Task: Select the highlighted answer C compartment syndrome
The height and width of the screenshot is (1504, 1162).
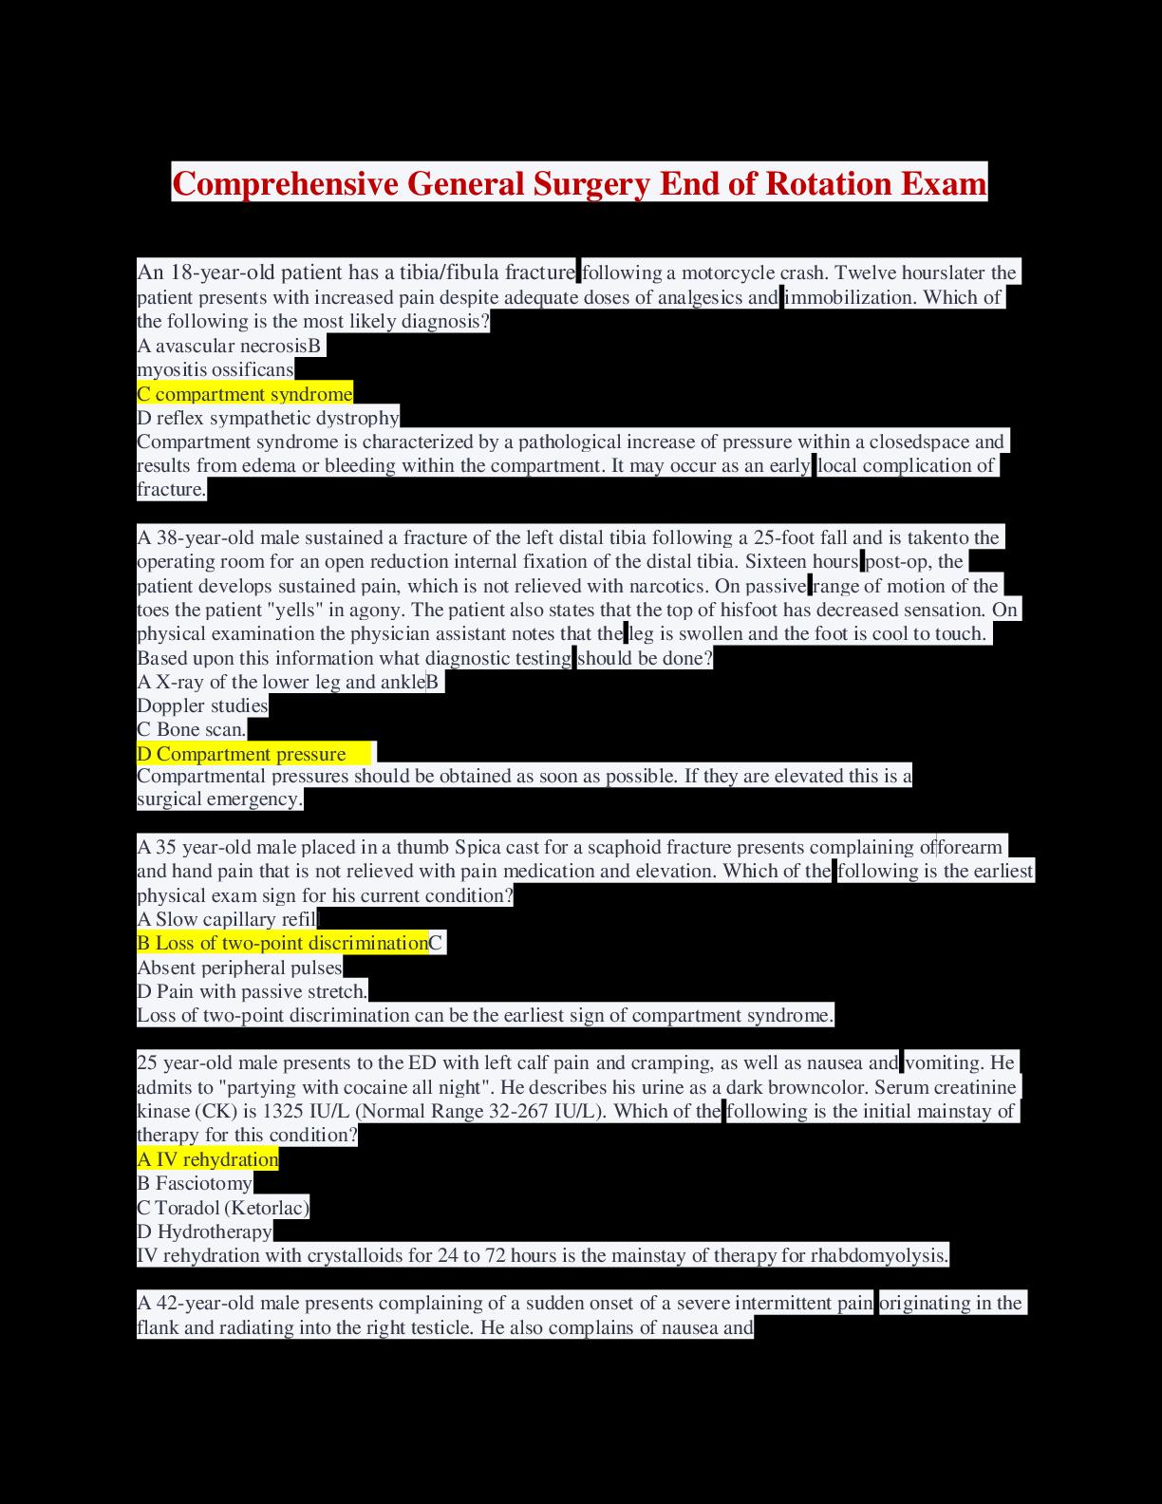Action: coord(245,394)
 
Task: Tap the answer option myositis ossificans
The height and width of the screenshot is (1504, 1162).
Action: coord(216,369)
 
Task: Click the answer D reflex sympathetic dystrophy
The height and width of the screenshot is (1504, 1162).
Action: coord(268,418)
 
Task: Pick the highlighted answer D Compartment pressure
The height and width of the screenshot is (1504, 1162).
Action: coord(242,754)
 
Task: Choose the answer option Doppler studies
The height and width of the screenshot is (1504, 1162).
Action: coord(202,705)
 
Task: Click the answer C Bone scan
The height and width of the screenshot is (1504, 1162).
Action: coord(192,729)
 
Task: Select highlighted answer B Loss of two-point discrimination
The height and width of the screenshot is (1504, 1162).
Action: coord(283,943)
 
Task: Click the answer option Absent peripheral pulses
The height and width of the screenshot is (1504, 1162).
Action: coord(239,968)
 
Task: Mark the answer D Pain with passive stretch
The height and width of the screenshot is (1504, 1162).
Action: coord(252,991)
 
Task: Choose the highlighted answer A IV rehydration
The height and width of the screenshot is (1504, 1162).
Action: coord(208,1159)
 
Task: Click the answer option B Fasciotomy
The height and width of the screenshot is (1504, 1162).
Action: coord(195,1183)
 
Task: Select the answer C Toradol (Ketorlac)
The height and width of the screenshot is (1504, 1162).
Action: coord(223,1208)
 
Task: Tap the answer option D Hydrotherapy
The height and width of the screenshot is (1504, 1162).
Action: coord(205,1231)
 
